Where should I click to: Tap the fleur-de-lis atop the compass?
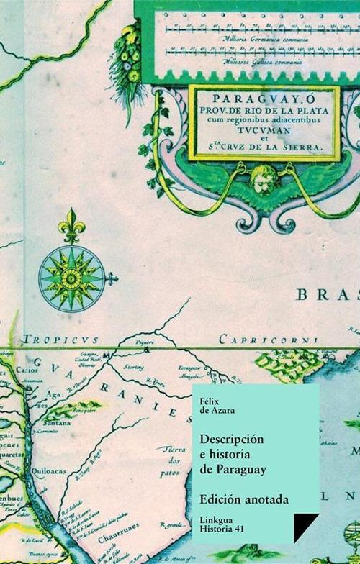coord(71,226)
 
